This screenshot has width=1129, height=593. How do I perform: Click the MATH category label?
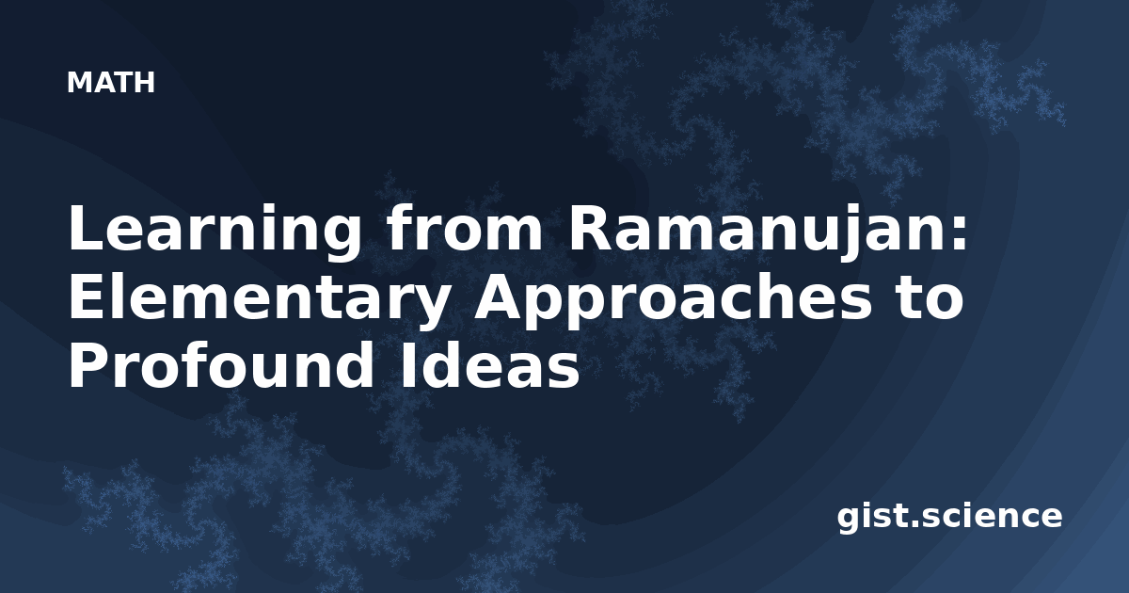point(111,83)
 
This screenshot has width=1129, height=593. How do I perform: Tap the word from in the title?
point(464,227)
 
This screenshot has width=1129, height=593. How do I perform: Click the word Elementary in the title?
point(258,301)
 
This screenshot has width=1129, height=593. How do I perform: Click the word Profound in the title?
point(221,363)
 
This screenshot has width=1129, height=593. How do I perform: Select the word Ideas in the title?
point(489,363)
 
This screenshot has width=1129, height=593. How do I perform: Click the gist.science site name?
point(949,518)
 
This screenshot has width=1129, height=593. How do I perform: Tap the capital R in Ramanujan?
point(591,227)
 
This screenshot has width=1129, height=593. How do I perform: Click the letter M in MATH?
point(79,83)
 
